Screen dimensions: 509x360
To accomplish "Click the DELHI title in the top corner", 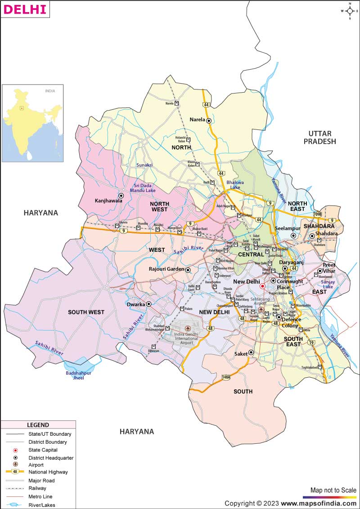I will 25,9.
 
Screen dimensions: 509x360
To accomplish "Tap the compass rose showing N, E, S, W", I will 350,11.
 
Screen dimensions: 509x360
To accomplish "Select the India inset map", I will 32,123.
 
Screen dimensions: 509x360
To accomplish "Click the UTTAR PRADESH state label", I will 319,138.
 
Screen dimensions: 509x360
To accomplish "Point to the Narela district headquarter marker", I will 209,120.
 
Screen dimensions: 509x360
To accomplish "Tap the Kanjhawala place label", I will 108,201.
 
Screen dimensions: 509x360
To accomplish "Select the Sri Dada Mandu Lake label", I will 143,188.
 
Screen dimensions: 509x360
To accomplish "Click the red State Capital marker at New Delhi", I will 262,286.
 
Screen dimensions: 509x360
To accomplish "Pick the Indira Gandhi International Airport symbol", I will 188,329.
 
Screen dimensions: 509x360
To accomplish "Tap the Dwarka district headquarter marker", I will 148,304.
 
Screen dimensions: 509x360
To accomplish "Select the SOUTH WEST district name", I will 86,312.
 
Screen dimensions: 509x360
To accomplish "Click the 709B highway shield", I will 317,214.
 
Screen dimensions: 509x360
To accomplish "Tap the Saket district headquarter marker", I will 251,353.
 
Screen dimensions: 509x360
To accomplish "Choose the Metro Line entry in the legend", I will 40,496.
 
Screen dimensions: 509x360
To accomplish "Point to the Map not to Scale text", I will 333,490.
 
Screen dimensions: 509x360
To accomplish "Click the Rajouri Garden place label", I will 166,269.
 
